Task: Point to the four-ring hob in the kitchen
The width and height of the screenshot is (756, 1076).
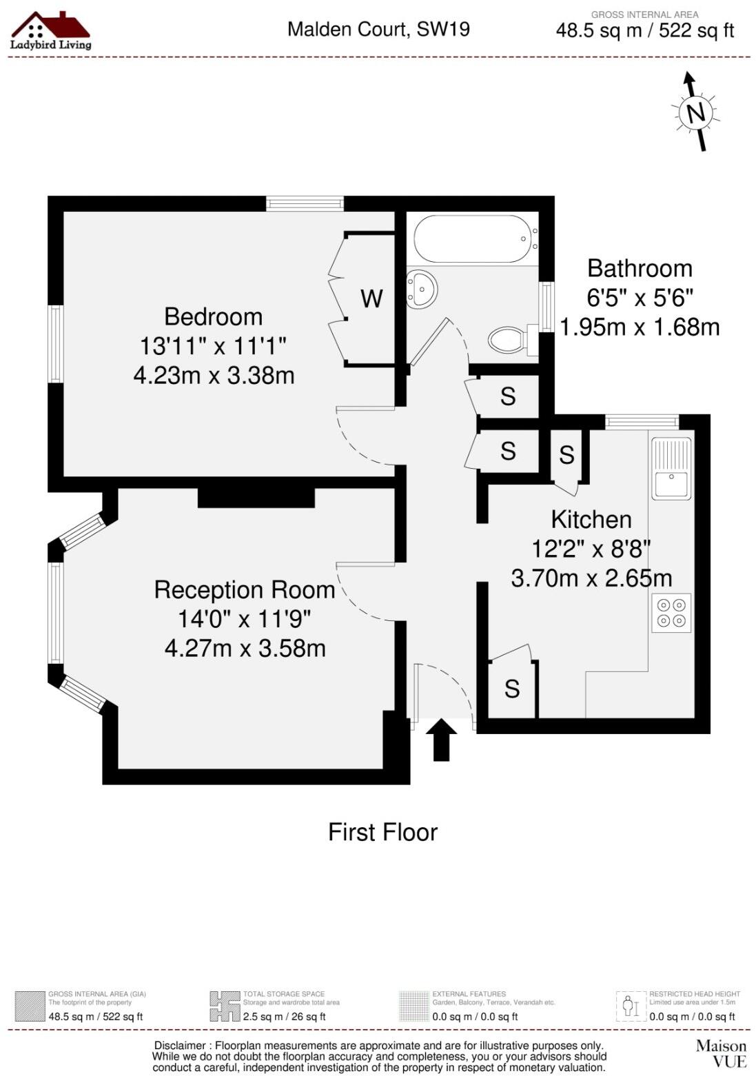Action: tap(671, 612)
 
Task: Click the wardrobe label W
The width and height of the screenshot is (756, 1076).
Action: tap(371, 298)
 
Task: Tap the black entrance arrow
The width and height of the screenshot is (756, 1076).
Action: tap(441, 740)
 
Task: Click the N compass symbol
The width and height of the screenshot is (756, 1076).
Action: tap(696, 112)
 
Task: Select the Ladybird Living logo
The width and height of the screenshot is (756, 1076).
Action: tap(50, 31)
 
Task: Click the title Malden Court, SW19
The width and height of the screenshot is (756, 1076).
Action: tap(378, 29)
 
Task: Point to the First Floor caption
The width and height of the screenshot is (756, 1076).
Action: tap(382, 832)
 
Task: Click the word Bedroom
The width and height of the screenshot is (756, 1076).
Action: tap(214, 316)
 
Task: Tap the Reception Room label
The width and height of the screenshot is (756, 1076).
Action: tap(244, 590)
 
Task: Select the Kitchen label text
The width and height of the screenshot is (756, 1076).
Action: tap(591, 519)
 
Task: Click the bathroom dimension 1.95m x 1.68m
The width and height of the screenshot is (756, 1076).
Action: tap(640, 327)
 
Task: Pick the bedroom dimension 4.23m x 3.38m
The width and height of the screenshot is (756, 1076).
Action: tap(214, 376)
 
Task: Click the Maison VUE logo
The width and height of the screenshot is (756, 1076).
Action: tap(721, 1053)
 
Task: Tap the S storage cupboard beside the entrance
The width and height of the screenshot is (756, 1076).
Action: tap(512, 689)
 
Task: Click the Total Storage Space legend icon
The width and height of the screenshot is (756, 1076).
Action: tap(225, 1006)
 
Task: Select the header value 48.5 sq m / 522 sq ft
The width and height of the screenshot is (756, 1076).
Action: tap(644, 31)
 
